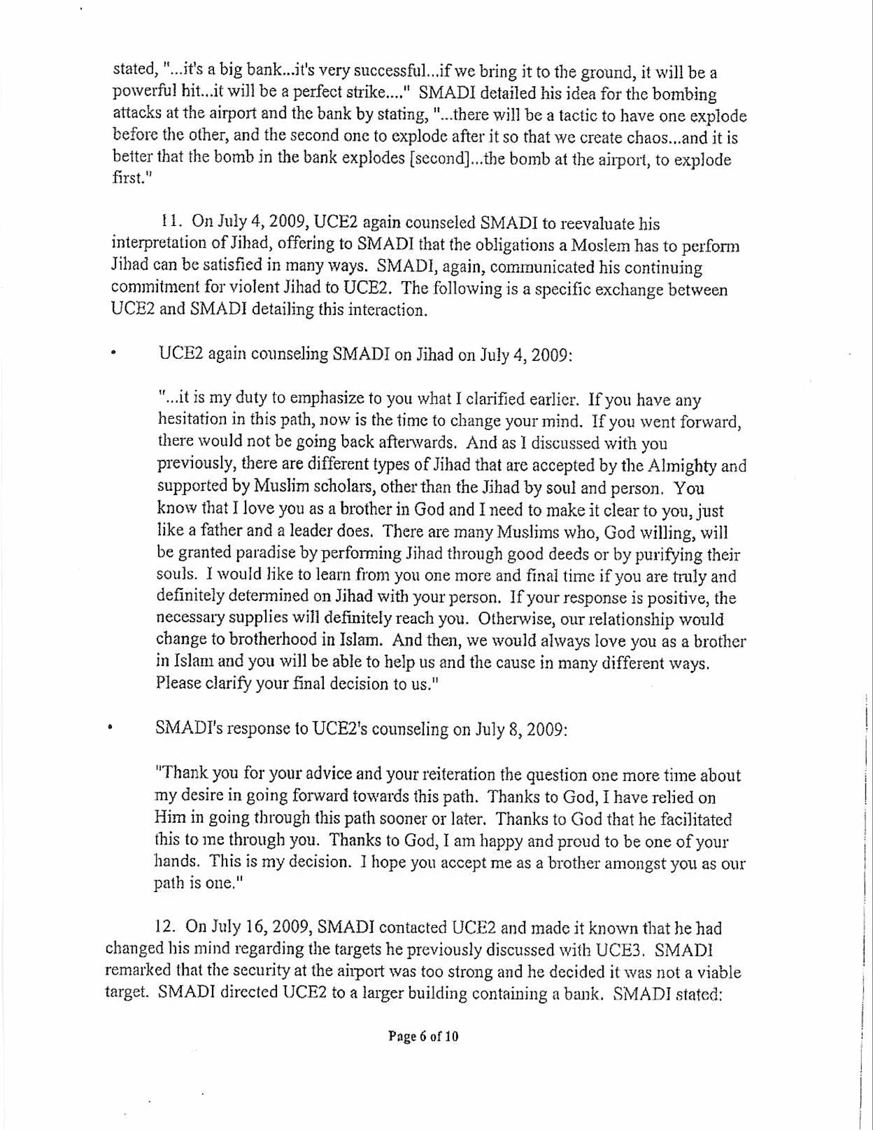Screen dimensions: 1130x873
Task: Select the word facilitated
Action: coord(693,819)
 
